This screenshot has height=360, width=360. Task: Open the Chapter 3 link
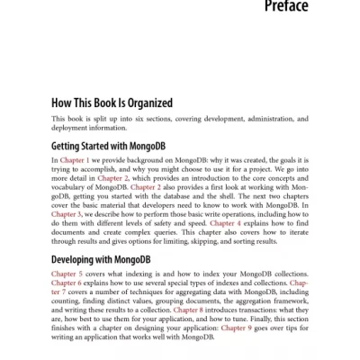tap(67, 213)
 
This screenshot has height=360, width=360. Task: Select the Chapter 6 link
tap(67, 287)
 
